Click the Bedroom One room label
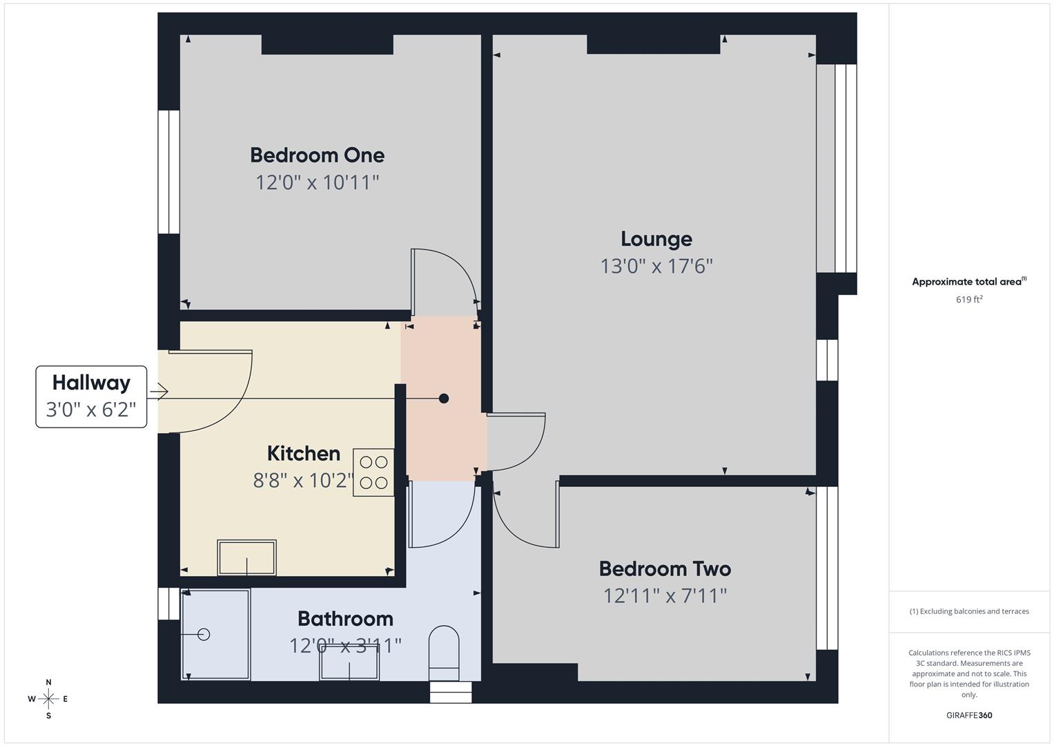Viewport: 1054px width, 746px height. [317, 155]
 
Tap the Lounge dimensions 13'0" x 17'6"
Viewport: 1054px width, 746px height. [656, 266]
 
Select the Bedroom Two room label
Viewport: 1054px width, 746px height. [665, 568]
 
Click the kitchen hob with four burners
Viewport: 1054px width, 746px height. [373, 472]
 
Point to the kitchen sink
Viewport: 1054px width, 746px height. [247, 557]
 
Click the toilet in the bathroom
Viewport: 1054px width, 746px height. [444, 653]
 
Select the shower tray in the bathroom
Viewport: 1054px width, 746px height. [215, 634]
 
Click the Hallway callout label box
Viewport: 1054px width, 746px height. [91, 396]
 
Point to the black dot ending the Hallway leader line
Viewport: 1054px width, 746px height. [444, 399]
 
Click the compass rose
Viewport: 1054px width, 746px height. [48, 699]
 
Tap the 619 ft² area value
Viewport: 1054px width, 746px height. [969, 300]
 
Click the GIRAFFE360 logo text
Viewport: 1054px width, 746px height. [969, 716]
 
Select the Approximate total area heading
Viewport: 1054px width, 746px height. [969, 282]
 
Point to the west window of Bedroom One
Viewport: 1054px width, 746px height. [168, 172]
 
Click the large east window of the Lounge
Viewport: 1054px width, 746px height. [837, 169]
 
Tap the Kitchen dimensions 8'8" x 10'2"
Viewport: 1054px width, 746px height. [304, 480]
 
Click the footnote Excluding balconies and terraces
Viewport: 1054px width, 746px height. [969, 611]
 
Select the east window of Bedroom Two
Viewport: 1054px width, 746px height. [827, 568]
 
